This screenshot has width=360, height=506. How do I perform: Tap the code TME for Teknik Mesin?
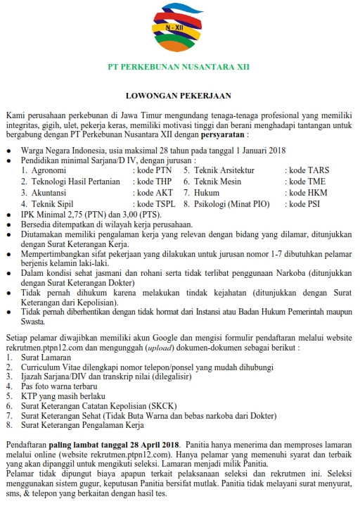click(x=298, y=181)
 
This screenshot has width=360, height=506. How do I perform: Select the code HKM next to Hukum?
click(x=299, y=192)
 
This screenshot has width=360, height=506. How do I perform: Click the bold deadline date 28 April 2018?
click(x=154, y=445)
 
